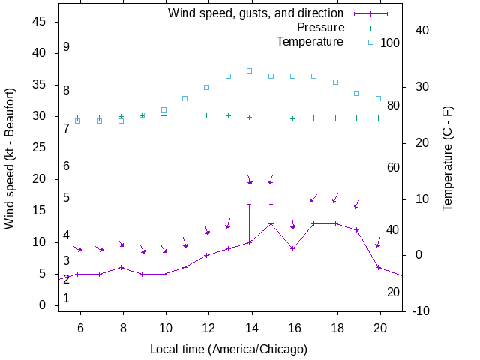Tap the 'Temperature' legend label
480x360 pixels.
(310, 42)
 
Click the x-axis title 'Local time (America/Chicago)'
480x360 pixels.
(229, 349)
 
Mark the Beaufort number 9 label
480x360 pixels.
(67, 47)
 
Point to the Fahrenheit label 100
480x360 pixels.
(390, 43)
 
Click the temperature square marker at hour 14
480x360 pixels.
(250, 71)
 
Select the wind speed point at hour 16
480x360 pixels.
(292, 248)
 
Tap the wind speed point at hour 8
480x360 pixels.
(121, 267)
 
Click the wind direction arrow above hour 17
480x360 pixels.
(313, 199)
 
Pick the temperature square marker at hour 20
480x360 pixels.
(379, 98)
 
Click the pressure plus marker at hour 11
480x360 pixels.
(185, 115)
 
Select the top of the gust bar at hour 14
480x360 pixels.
(250, 204)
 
